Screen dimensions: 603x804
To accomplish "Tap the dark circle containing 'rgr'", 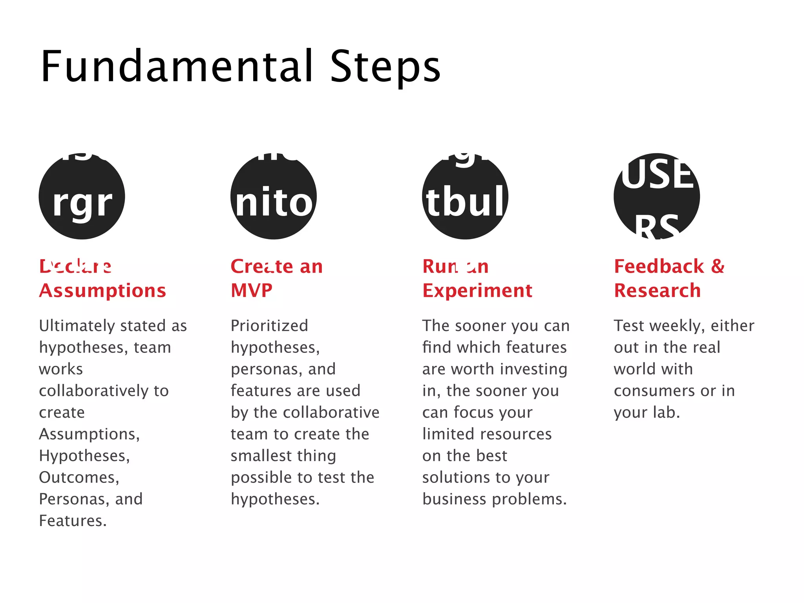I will click(82, 196).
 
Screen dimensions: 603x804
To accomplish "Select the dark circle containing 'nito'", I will click(274, 196).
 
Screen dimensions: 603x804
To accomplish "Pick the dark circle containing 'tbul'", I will click(465, 196).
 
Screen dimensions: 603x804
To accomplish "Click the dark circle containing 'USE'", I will click(657, 196).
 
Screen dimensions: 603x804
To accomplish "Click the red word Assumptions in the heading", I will click(102, 291).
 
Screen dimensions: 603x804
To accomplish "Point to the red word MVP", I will click(252, 291).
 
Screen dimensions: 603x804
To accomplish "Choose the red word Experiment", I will click(477, 291).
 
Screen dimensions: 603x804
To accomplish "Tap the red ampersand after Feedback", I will click(718, 266).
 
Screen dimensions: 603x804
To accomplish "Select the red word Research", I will click(658, 291).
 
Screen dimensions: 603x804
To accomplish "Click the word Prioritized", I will click(269, 326).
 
